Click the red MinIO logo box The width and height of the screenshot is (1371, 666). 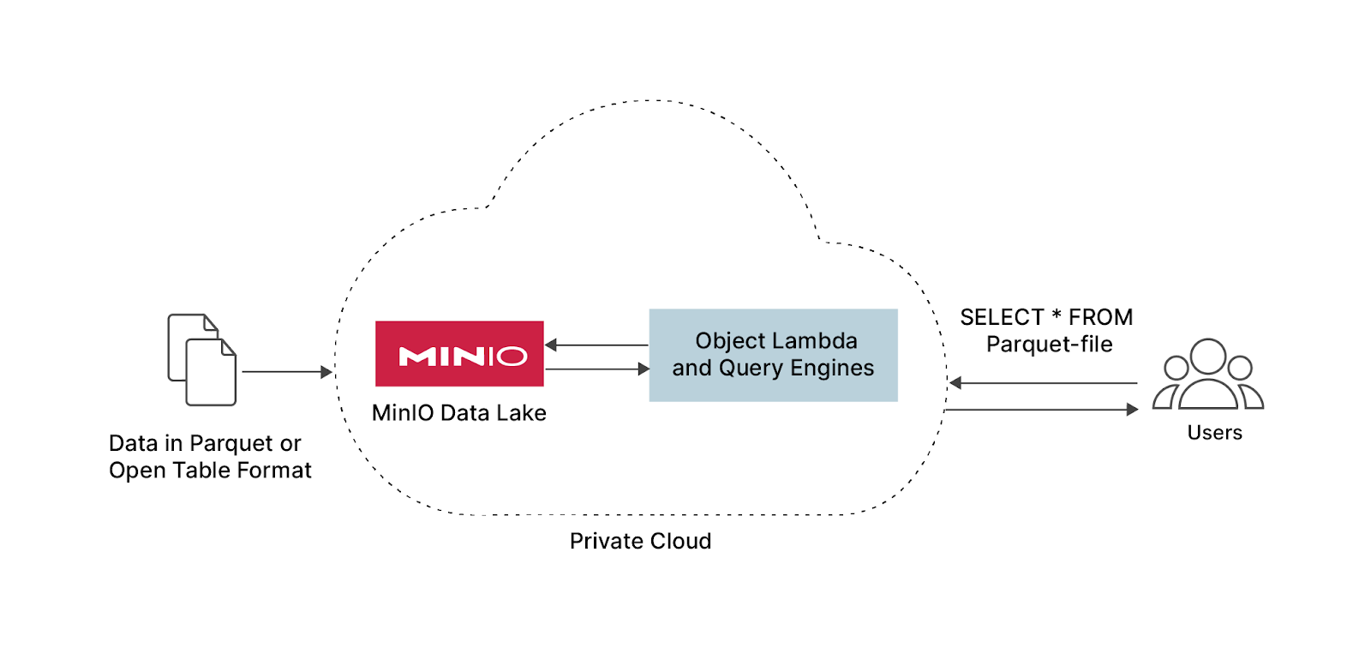click(459, 354)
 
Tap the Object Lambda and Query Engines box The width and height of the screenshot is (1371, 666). click(773, 355)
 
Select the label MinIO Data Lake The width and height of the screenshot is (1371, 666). click(458, 413)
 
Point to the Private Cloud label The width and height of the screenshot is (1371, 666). click(640, 541)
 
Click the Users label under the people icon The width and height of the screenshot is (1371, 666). click(1214, 433)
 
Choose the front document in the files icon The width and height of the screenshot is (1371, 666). click(211, 373)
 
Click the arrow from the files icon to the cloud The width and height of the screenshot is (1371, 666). click(286, 372)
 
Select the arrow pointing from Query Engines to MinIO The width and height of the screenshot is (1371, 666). click(596, 345)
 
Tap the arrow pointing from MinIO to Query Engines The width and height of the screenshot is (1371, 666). click(597, 369)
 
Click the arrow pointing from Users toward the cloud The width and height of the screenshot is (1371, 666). click(1043, 383)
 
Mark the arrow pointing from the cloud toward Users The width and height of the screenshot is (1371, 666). click(1041, 410)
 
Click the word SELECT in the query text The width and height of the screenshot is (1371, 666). click(1001, 318)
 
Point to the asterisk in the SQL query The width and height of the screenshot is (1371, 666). click(1057, 316)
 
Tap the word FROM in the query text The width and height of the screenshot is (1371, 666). click(1100, 318)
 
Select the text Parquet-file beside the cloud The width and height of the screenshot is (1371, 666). click(1049, 345)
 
